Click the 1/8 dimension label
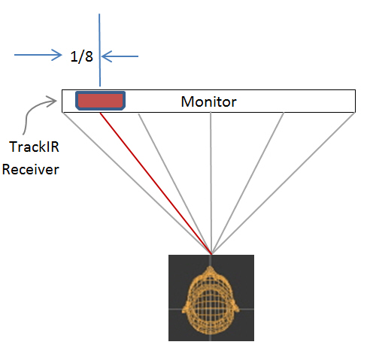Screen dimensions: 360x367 (82, 56)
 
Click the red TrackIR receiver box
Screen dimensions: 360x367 (99, 100)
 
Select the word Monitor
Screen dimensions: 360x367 (209, 101)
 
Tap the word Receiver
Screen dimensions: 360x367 (30, 169)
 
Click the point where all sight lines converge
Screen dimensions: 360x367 (211, 253)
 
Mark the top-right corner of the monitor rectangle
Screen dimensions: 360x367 (354, 91)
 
